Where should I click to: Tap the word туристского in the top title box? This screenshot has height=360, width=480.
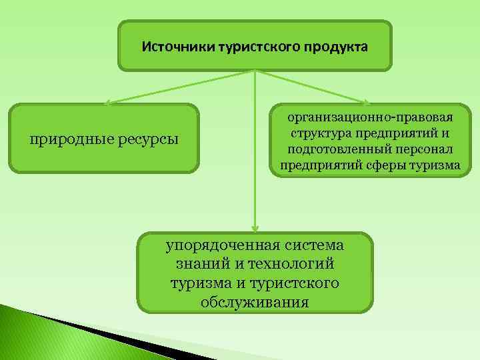[256, 47]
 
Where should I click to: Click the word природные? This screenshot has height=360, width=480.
[68, 139]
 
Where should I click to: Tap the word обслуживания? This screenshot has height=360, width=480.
[254, 302]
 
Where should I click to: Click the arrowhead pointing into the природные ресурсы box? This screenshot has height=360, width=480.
[107, 103]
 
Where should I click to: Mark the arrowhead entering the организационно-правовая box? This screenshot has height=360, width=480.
[365, 103]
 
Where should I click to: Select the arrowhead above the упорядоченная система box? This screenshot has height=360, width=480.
[254, 229]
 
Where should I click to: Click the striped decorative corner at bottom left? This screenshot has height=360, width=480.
[40, 333]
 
